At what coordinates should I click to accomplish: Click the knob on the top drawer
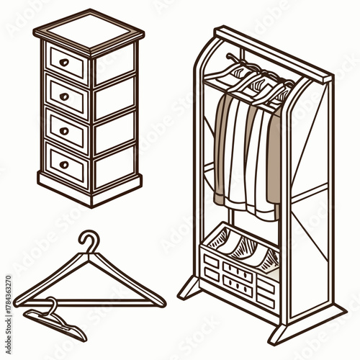tap(65, 63)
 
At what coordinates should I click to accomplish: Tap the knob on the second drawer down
tap(65, 96)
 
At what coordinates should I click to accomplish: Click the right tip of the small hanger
tap(83, 337)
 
